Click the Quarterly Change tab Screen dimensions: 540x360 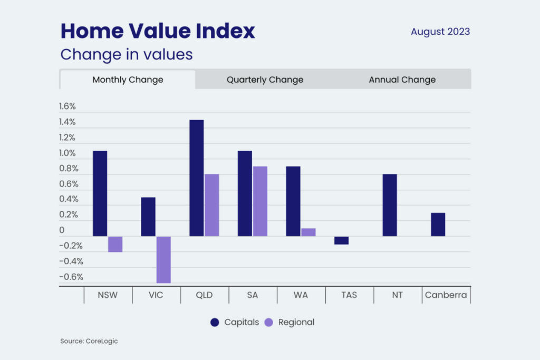coord(265,80)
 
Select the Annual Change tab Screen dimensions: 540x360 coord(402,80)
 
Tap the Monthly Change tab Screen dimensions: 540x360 coord(128,80)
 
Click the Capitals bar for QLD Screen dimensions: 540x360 coord(197,178)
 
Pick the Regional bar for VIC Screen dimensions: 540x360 coord(163,259)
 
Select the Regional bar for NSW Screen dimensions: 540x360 coord(115,244)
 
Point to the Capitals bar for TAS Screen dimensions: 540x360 coord(341,240)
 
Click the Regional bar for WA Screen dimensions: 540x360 coord(308,232)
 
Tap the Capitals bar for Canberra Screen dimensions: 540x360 coord(438,225)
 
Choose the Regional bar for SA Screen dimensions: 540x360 coord(260,201)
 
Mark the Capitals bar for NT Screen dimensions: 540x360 coord(390,205)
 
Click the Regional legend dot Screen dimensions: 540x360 coord(268,323)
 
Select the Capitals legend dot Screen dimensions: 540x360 coord(215,323)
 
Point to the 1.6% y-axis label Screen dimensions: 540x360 coord(67,106)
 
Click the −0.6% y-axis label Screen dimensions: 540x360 coord(71,277)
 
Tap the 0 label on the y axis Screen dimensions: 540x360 coord(62,230)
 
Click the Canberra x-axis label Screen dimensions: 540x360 coord(446,295)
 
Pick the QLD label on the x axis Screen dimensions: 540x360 coord(204,295)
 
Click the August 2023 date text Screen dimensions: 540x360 coord(440,32)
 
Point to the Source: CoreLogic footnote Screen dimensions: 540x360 coord(89,341)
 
